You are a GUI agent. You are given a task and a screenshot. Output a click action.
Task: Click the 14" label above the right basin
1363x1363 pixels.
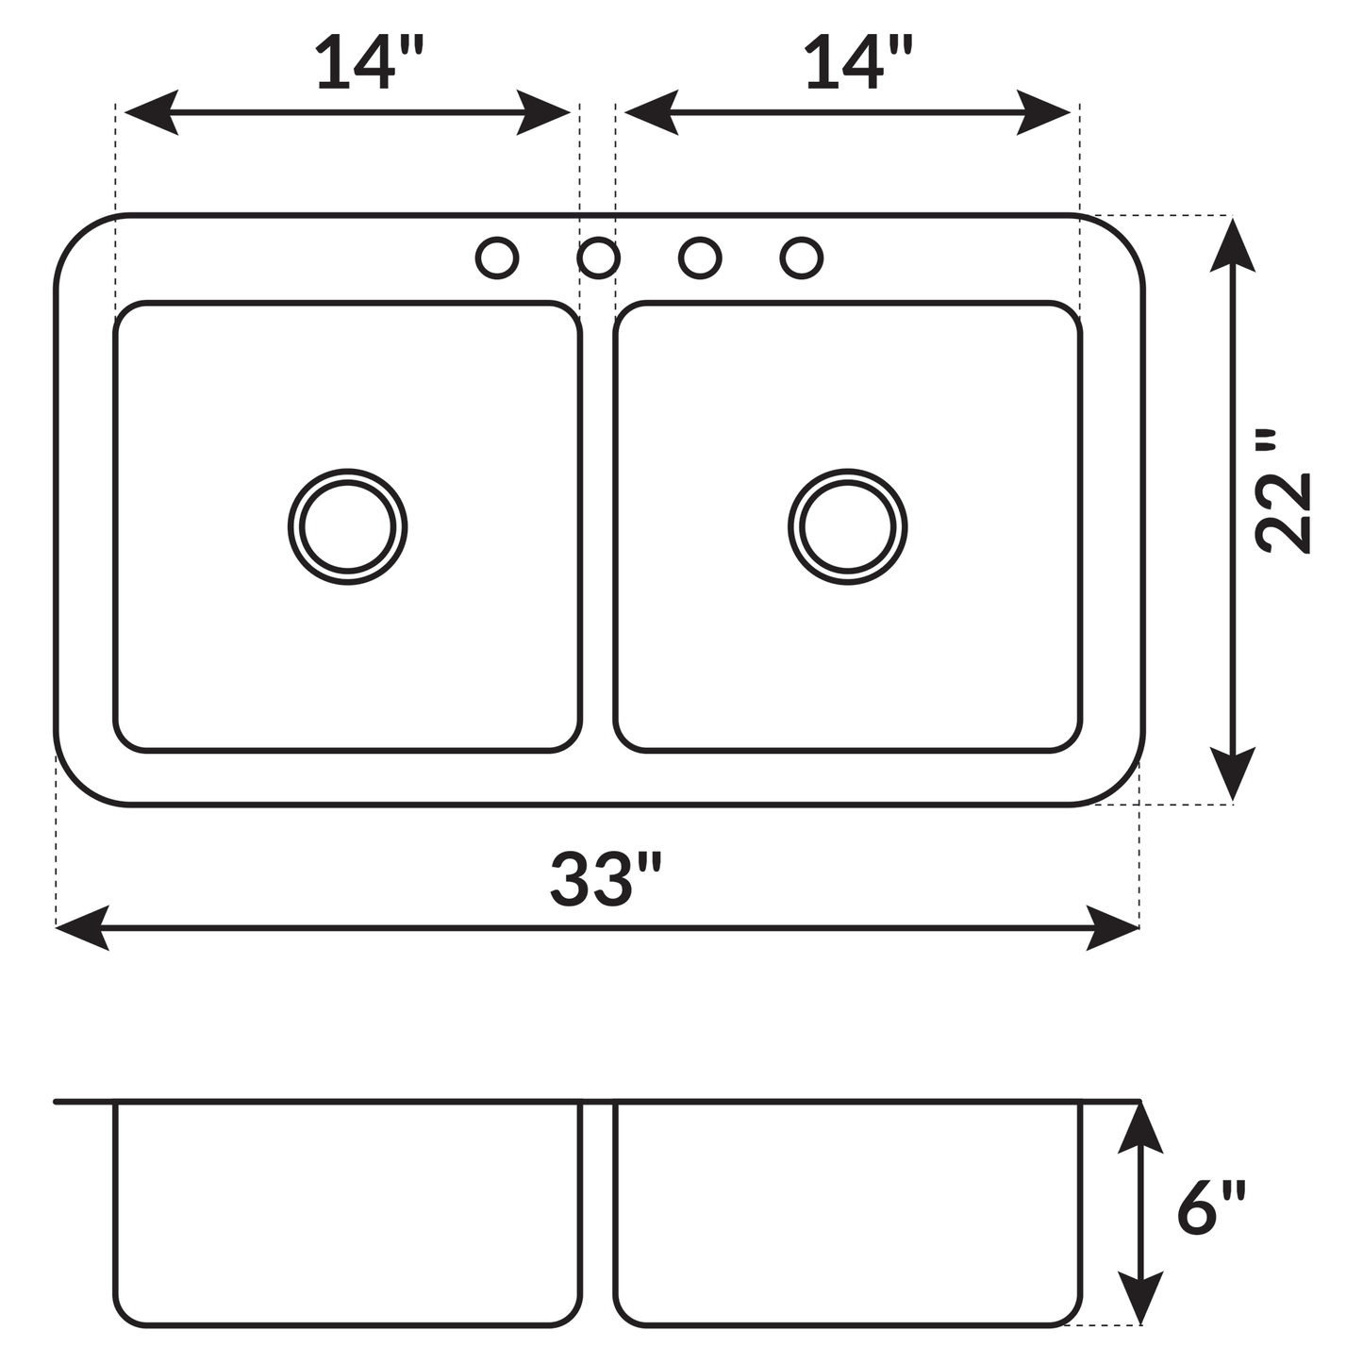(858, 64)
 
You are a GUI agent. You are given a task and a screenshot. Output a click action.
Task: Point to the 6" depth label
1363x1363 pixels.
(1211, 1208)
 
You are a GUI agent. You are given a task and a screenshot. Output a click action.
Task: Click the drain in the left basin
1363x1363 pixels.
(348, 526)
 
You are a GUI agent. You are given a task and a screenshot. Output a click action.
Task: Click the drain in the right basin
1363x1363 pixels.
(847, 526)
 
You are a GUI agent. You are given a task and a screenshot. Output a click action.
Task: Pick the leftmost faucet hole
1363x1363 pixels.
(497, 258)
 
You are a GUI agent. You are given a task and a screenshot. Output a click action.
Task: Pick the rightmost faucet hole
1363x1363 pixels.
(802, 258)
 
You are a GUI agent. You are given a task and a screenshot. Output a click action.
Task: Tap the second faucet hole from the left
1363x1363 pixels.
(598, 258)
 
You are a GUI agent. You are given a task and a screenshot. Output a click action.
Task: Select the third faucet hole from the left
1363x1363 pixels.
(700, 258)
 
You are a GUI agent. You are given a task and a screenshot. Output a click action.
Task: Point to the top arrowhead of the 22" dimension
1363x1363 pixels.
(1232, 243)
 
